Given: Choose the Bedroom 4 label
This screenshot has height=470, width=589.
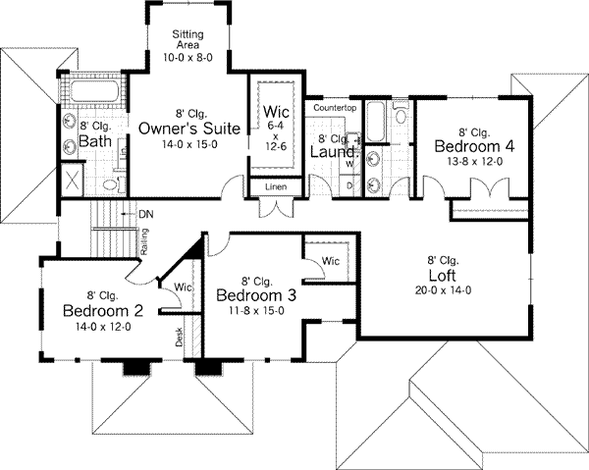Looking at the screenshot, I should click(474, 146).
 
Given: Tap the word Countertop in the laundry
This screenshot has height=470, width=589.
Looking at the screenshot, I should click(334, 106).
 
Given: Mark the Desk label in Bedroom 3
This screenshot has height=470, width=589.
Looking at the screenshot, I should click(180, 338).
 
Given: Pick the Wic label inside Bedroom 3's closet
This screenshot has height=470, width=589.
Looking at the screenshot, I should click(331, 261).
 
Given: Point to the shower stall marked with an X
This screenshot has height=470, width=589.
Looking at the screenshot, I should click(71, 181).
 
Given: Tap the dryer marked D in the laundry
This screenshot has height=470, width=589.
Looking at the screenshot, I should click(349, 183).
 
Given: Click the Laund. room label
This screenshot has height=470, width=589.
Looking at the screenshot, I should click(332, 152).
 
